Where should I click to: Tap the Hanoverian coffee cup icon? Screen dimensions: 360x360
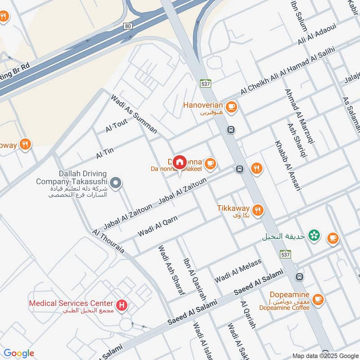point(232,107)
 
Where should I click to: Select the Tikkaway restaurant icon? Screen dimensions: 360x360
point(257,210)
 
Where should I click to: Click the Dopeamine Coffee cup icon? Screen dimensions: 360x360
point(318,299)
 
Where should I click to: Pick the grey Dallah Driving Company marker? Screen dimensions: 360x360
point(116,183)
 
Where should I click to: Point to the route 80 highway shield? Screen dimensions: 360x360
point(128,26)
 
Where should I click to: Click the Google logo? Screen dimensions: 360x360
point(19,353)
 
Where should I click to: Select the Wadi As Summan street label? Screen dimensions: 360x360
point(134,114)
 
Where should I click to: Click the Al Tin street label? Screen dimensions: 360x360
point(104,153)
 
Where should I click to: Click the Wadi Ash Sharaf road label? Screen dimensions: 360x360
point(171,270)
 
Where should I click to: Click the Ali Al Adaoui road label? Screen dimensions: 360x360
point(316,34)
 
